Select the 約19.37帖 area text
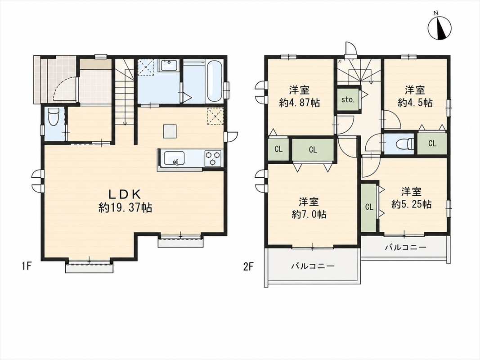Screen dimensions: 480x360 (x=126, y=208)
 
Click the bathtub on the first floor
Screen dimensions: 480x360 (x=213, y=82)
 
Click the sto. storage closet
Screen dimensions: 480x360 (x=348, y=99)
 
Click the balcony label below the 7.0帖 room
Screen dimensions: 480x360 (x=313, y=265)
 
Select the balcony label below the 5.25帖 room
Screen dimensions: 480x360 (x=406, y=247)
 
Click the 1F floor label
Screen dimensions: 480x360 (x=27, y=266)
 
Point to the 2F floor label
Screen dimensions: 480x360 (x=248, y=266)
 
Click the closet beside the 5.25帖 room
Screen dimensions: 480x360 (x=369, y=207)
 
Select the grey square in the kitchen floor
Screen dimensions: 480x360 (x=170, y=131)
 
